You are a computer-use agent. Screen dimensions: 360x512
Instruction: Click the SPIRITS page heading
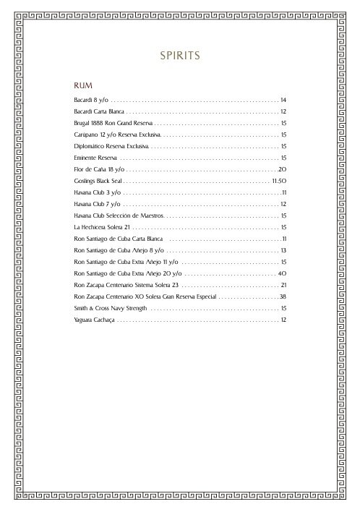(179, 55)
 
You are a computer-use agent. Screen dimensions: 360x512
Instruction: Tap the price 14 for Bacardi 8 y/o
(284, 99)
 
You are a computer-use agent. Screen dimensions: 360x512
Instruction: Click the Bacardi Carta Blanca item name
(100, 111)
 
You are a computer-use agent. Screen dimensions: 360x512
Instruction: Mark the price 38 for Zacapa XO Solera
(283, 296)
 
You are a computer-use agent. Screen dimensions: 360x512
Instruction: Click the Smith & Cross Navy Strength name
(110, 308)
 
